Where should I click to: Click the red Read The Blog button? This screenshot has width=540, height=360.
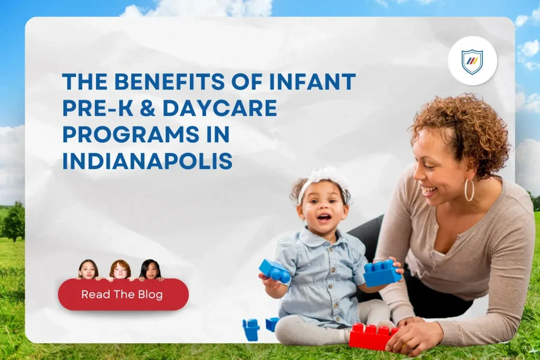pos(123,295)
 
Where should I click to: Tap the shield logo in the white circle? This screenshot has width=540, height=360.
pos(472,61)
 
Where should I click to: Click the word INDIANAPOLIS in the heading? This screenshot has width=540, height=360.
pos(147,162)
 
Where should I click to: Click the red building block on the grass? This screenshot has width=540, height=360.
pos(372,337)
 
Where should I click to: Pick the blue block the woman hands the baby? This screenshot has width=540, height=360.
pos(381,273)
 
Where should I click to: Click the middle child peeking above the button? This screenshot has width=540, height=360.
pos(120,269)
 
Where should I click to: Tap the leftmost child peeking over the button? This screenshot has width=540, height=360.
pos(88,269)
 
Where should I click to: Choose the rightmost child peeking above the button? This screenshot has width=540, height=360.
pos(150,269)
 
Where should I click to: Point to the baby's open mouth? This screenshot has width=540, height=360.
pos(324,217)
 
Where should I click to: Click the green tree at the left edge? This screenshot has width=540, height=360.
pos(13,221)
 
